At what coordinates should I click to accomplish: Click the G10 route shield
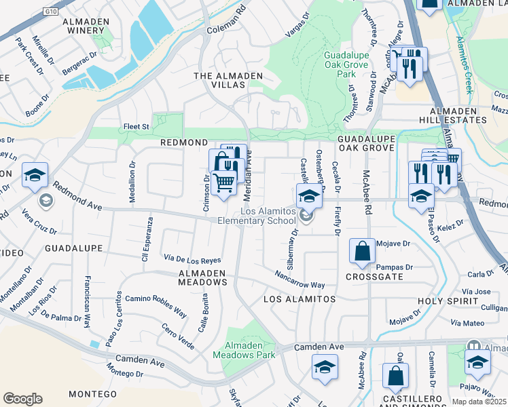tap(49, 11)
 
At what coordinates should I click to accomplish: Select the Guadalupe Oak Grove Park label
tap(346, 64)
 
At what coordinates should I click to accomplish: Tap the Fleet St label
tap(136, 126)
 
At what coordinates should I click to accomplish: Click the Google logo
tap(22, 399)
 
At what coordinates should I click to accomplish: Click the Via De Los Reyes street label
tap(193, 259)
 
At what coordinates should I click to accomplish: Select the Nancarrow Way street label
tap(300, 280)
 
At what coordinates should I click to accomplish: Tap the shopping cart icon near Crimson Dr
tap(223, 182)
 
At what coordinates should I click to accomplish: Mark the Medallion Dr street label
tap(132, 181)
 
